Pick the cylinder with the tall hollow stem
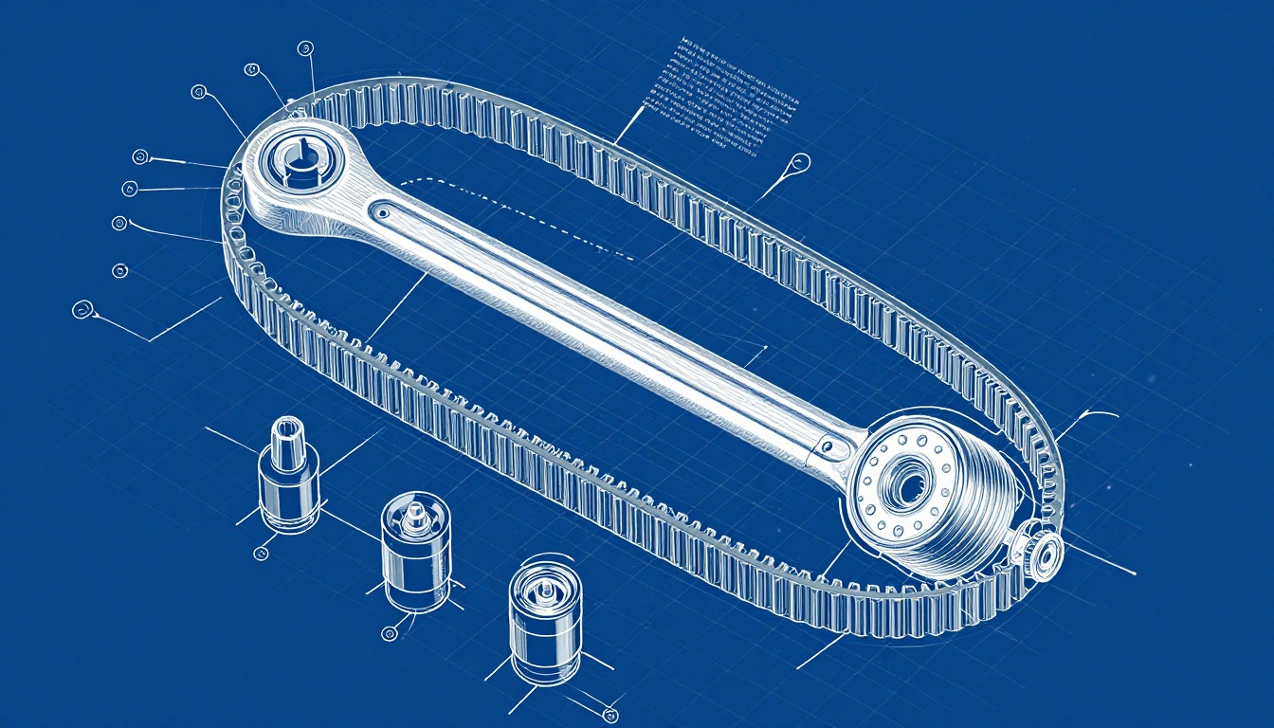point(288,474)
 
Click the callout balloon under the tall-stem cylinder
point(262,552)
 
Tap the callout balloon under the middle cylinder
point(388,632)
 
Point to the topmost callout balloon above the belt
point(304,47)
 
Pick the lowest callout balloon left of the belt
point(83,309)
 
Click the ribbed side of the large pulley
point(986,512)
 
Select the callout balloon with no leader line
point(120,271)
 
